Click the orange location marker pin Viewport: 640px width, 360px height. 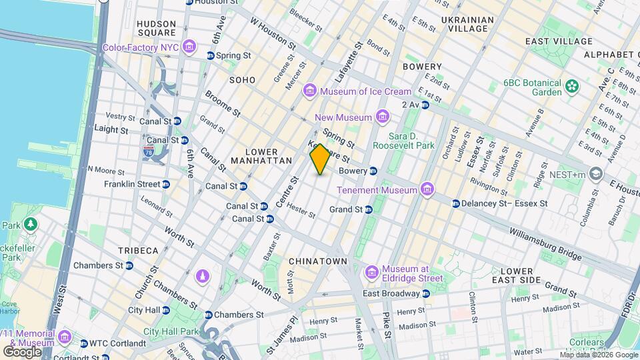pos(320,159)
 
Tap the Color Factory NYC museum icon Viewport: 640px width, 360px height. pos(190,47)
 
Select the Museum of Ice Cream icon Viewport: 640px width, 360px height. pos(309,91)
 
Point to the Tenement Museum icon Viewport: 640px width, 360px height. pos(427,190)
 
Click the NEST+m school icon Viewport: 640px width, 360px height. pos(595,175)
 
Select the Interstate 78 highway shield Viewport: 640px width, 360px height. pos(149,151)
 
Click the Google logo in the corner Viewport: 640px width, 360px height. pos(22,351)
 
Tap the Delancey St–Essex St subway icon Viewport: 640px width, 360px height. pos(456,203)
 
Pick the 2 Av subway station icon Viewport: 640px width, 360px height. pos(426,105)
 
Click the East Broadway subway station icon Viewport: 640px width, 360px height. pos(425,293)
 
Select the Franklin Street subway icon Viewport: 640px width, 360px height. pos(166,184)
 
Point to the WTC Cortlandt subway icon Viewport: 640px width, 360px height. pos(83,343)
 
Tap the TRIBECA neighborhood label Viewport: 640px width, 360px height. pos(139,250)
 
